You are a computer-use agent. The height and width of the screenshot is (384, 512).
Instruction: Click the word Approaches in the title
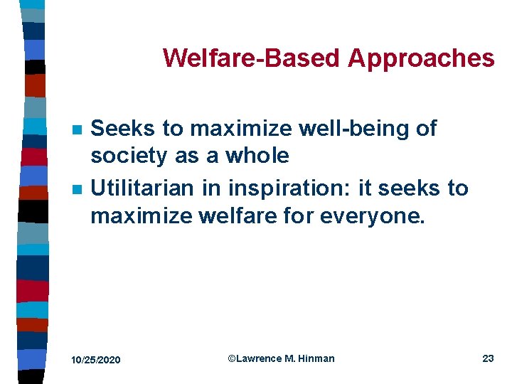(x=420, y=58)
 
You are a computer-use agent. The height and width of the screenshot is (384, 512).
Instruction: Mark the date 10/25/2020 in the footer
(x=96, y=360)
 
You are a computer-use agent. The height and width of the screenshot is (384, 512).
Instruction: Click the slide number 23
(x=488, y=358)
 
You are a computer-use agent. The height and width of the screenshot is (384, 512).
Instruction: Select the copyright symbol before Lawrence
(x=231, y=358)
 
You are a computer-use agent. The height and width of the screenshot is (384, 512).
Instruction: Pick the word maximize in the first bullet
(x=241, y=129)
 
